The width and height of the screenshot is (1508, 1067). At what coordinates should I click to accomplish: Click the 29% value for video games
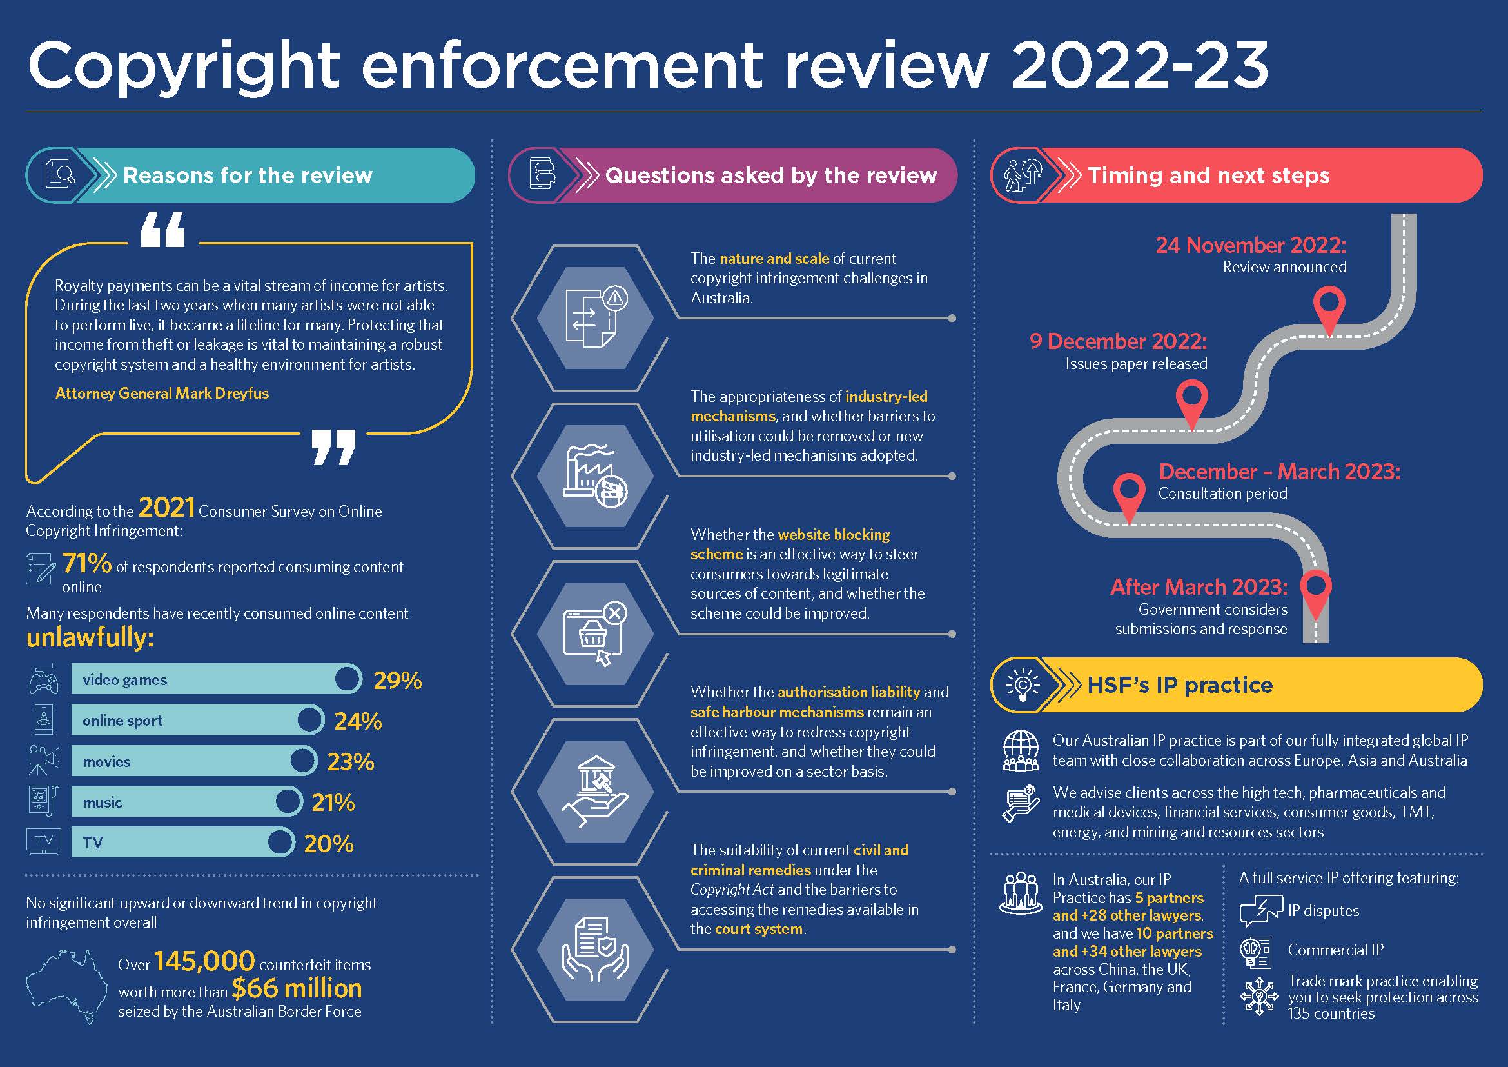click(397, 681)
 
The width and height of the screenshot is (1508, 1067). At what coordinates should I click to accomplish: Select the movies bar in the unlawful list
click(195, 761)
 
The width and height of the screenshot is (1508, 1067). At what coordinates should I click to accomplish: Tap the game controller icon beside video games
click(43, 679)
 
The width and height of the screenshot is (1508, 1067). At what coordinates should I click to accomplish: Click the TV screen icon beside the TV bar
click(44, 842)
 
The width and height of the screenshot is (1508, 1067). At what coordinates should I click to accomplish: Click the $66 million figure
click(297, 988)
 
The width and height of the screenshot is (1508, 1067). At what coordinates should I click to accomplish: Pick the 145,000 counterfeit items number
click(204, 961)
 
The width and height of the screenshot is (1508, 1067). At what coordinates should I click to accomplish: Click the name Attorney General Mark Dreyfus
click(162, 394)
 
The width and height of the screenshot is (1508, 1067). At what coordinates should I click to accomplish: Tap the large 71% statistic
click(86, 563)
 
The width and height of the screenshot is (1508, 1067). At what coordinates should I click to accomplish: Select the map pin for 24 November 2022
click(1329, 312)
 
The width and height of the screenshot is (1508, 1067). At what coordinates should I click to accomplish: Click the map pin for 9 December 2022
click(1191, 406)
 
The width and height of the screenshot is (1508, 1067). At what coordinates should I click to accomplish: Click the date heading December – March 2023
click(1279, 472)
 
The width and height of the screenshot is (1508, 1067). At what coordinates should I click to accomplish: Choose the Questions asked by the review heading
click(771, 175)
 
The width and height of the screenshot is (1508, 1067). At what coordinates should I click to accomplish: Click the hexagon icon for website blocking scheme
click(595, 633)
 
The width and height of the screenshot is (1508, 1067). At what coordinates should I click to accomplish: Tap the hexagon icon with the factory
click(595, 475)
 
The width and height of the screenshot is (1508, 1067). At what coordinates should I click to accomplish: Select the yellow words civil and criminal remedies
click(799, 859)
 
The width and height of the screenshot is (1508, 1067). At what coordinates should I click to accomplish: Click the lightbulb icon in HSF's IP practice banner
click(1023, 685)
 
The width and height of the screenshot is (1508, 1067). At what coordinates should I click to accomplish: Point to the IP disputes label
click(1324, 911)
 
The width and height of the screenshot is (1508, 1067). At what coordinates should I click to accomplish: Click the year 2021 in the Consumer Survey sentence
click(167, 507)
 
